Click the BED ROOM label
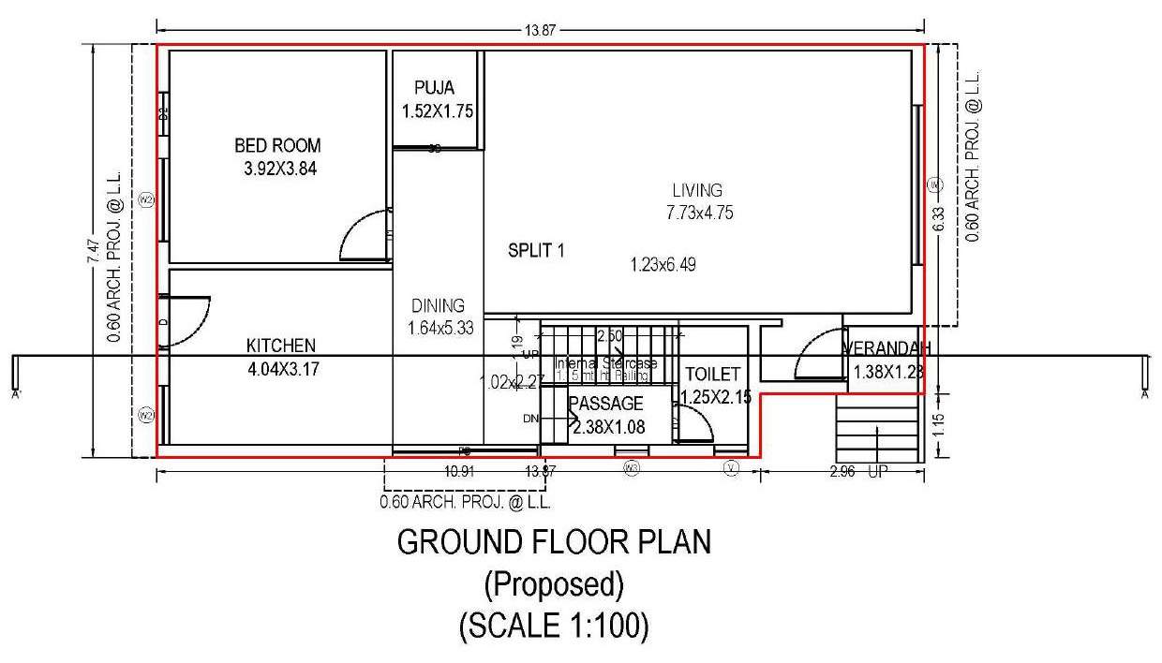pyautogui.click(x=276, y=145)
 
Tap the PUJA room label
pyautogui.click(x=434, y=88)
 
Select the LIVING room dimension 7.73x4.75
pyautogui.click(x=699, y=213)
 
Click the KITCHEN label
pyautogui.click(x=281, y=346)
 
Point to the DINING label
pyautogui.click(x=438, y=305)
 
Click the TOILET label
pyautogui.click(x=712, y=374)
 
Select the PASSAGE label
pyautogui.click(x=606, y=404)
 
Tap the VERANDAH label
pyautogui.click(x=886, y=349)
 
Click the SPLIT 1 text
pyautogui.click(x=536, y=250)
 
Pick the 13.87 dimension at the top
pyautogui.click(x=541, y=30)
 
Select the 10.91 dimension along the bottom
pyautogui.click(x=460, y=471)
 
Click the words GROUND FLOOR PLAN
pyautogui.click(x=554, y=542)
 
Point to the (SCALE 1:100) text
pyautogui.click(x=554, y=626)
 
